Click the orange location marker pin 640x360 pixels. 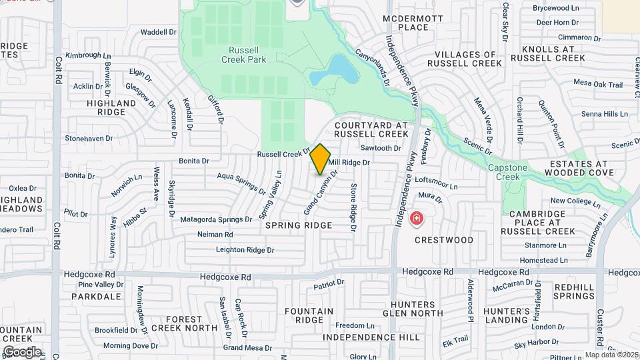320,159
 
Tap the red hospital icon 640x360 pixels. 417,218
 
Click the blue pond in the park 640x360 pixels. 339,69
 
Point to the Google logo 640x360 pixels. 22,351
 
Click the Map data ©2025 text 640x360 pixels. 610,355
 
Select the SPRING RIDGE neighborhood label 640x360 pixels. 299,226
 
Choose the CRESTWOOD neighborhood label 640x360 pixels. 443,240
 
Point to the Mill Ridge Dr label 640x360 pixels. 349,162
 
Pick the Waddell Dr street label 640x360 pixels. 158,31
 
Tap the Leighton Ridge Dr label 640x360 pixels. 245,250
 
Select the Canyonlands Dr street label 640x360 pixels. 372,69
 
